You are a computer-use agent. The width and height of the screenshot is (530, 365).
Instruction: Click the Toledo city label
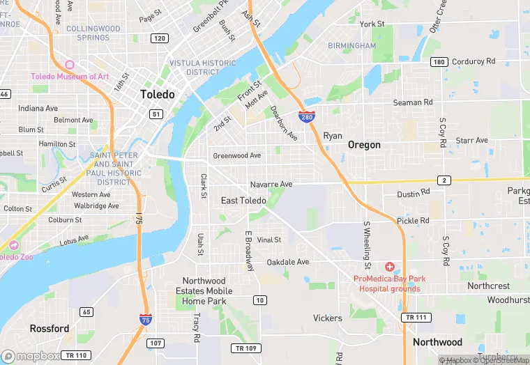click(x=157, y=94)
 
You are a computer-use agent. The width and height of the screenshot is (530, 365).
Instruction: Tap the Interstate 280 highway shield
click(x=306, y=116)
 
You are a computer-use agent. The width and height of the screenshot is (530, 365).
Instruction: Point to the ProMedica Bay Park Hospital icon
click(x=389, y=267)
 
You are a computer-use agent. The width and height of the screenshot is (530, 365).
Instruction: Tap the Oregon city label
click(x=364, y=145)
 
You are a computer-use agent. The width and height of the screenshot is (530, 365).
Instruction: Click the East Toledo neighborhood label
click(x=243, y=201)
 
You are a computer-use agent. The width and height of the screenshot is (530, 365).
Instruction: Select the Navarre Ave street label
click(x=271, y=185)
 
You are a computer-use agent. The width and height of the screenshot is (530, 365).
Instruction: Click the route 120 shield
click(x=160, y=38)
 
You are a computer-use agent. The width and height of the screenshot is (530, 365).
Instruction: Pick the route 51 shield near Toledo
click(x=156, y=114)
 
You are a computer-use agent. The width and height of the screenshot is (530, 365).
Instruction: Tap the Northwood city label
click(x=437, y=342)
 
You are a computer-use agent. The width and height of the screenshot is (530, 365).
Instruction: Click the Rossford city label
click(x=49, y=328)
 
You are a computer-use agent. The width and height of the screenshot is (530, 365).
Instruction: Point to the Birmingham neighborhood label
click(x=352, y=46)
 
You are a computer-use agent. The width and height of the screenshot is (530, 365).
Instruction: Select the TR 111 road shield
click(x=416, y=318)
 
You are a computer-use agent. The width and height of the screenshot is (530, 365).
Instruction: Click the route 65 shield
click(x=86, y=311)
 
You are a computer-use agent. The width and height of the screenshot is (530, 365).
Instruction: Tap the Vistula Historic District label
click(x=203, y=68)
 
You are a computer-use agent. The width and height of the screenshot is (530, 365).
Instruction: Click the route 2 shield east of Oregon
click(x=444, y=180)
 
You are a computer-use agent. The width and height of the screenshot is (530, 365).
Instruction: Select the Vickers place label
click(x=327, y=318)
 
